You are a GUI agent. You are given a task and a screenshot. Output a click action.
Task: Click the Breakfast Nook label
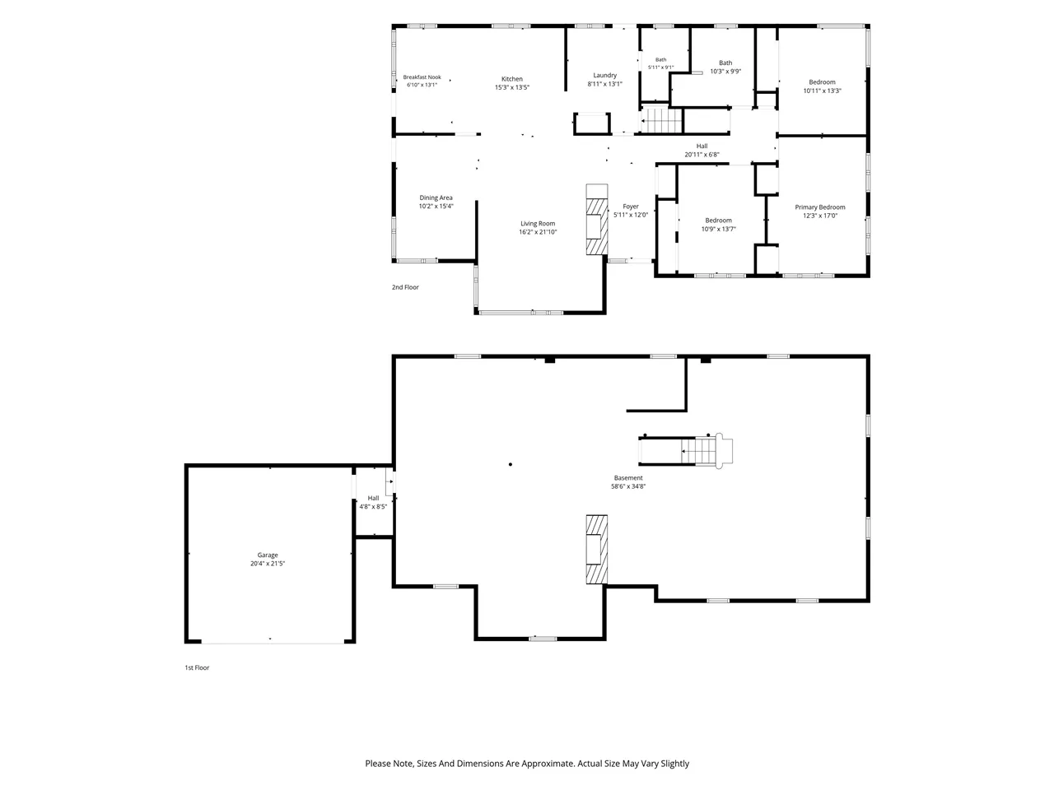(422, 77)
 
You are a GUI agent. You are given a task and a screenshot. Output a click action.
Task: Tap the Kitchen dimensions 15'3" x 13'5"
(512, 87)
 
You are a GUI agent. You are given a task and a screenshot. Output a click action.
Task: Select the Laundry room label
(604, 76)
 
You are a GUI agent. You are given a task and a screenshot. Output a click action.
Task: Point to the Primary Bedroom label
(819, 207)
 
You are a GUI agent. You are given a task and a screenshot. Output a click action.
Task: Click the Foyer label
(631, 207)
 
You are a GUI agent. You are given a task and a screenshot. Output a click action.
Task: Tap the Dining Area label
(436, 197)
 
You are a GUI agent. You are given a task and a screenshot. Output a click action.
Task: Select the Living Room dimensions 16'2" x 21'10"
(538, 232)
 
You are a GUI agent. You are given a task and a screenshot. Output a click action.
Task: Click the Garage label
(268, 555)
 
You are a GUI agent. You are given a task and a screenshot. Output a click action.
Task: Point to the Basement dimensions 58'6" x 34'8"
(628, 486)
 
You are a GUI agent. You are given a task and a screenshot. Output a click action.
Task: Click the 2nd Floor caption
(405, 287)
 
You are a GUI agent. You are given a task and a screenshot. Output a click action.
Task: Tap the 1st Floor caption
(197, 667)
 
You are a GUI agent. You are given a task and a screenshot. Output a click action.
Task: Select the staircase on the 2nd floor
(662, 121)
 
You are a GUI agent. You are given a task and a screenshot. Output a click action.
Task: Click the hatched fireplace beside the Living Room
(596, 219)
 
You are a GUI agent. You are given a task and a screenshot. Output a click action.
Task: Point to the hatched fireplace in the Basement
(596, 549)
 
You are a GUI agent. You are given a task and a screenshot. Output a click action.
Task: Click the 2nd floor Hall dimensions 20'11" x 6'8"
(702, 155)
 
